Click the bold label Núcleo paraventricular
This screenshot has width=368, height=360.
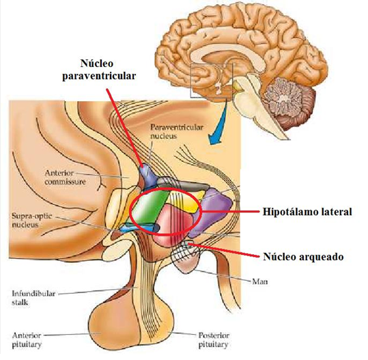(x=99, y=70)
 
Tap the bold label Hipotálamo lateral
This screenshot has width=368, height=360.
(x=307, y=212)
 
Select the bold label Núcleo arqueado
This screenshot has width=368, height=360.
(x=303, y=256)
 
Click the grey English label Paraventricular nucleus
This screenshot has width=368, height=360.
(x=177, y=132)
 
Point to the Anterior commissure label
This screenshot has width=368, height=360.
(x=65, y=178)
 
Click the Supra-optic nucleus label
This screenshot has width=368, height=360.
(x=31, y=220)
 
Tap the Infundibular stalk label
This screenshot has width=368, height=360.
(x=33, y=298)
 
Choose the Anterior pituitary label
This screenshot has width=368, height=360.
(x=27, y=340)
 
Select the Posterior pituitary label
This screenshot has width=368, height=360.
(x=214, y=340)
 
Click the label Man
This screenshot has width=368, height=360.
(x=260, y=281)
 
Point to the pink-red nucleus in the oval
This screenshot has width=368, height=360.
(x=173, y=224)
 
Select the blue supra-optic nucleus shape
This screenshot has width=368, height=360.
(x=139, y=227)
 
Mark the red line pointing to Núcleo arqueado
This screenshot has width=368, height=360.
(x=223, y=250)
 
